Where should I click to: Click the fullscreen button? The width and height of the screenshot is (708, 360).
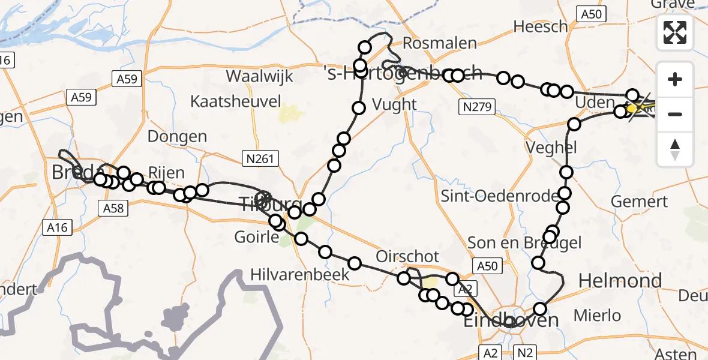(675, 32)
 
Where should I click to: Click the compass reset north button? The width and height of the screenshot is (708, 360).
(675, 149)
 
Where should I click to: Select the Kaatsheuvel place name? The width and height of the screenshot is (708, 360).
(236, 101)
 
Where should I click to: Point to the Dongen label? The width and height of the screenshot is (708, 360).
(177, 136)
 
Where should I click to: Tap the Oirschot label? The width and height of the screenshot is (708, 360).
(407, 256)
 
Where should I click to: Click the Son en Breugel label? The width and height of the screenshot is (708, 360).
(516, 242)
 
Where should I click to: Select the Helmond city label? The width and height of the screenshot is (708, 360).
(620, 280)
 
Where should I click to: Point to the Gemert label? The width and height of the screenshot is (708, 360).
(640, 202)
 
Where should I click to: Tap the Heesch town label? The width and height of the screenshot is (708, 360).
(541, 26)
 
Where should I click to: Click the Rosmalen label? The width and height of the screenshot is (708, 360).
(440, 43)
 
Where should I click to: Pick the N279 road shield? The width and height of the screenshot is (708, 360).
(477, 108)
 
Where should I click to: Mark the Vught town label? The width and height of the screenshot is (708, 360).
(394, 104)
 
